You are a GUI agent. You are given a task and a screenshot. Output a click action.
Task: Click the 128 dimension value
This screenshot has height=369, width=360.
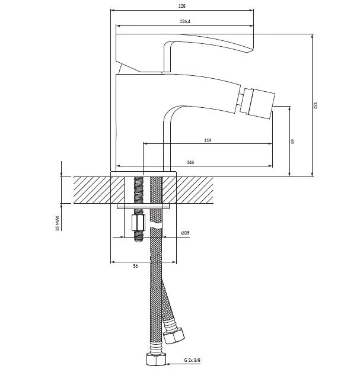[x=181, y=6]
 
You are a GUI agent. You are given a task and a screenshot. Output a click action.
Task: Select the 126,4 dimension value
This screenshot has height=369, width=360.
[x=185, y=21]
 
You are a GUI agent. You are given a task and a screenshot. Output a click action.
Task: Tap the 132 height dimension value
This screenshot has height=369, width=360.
[x=316, y=105]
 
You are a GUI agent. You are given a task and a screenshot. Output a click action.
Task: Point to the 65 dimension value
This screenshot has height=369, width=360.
[x=292, y=142]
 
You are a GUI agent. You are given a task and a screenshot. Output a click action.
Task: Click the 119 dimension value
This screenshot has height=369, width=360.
[x=208, y=140]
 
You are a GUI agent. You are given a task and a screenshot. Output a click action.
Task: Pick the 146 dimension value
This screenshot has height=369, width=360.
[x=190, y=162]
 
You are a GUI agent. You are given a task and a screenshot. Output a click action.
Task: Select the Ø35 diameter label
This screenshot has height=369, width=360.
[x=186, y=233]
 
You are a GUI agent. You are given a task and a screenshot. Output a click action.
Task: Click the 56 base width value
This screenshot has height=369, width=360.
[x=135, y=266]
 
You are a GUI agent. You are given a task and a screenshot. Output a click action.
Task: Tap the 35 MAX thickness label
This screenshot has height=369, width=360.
[x=58, y=223]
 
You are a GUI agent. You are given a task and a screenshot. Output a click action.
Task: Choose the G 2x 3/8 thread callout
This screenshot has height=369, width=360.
[x=193, y=360]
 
